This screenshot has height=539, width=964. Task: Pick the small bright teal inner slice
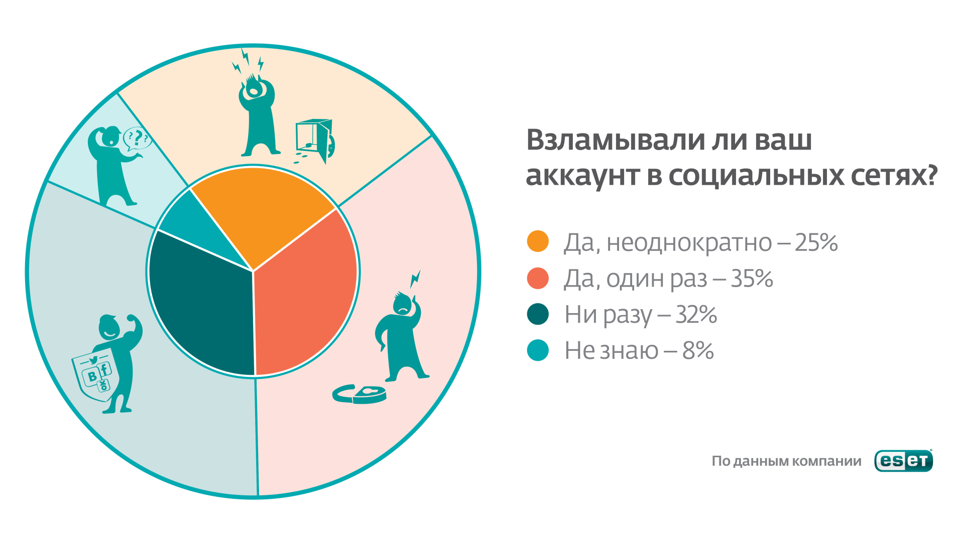point(196,226)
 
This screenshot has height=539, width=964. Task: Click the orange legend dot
point(538,241)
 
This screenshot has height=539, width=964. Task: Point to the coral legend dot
point(538,278)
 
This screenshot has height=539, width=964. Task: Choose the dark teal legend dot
point(538,314)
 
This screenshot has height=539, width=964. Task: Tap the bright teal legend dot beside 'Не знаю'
point(538,350)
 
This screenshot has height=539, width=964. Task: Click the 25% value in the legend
point(816,242)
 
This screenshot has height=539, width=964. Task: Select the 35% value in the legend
point(752,279)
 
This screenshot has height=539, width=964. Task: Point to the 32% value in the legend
point(696,315)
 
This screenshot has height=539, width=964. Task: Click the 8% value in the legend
point(698,351)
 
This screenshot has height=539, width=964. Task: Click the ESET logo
point(904,460)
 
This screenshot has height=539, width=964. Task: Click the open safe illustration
point(315,141)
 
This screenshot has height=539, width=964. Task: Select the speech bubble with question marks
point(137,139)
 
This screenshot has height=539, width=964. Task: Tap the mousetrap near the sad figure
point(359,394)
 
